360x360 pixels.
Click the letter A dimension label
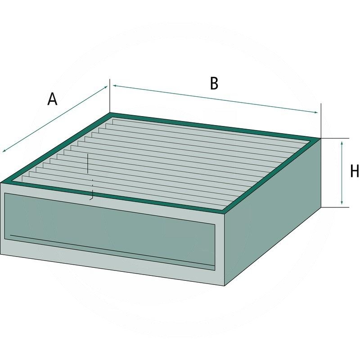tap(52, 99)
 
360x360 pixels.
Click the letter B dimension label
tap(214, 83)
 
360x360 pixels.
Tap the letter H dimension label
tap(355, 171)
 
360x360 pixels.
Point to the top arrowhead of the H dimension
tap(342, 143)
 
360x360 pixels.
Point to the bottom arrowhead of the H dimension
tap(342, 202)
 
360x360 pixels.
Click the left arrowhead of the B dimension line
tap(115, 85)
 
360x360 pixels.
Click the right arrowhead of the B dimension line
tap(316, 112)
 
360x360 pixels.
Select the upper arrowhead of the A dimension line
tap(106, 87)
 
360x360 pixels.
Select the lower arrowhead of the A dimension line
tap(4, 150)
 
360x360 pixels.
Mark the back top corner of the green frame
tap(110, 113)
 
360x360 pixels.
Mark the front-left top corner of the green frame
tap(1, 183)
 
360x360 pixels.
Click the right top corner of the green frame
tap(321, 139)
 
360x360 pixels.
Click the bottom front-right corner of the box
tap(224, 286)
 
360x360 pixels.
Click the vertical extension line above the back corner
tap(110, 96)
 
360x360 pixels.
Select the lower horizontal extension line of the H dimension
tap(335, 207)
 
